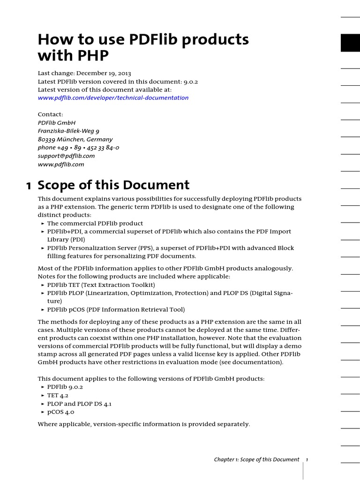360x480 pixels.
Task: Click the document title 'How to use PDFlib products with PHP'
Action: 143,48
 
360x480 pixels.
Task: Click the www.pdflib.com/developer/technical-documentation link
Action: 113,98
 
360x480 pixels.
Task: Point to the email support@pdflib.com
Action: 66,156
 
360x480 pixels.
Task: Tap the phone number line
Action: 78,148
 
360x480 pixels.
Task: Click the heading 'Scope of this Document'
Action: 113,185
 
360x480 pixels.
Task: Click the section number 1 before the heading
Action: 29,186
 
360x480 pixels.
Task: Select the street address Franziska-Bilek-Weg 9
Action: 68,131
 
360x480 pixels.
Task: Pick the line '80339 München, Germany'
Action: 75,139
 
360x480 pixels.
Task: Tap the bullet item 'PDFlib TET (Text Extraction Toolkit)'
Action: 101,285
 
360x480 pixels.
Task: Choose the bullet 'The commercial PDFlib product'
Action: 95,224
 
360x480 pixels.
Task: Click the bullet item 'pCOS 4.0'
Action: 60,412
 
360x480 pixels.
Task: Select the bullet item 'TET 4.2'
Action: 58,395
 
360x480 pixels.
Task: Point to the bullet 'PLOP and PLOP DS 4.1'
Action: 79,404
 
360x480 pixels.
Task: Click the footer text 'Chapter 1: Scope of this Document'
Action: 256,459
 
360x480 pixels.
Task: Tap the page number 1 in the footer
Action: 307,459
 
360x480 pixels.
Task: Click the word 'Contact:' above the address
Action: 50,114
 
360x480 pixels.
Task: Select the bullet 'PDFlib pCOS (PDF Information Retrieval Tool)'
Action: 116,309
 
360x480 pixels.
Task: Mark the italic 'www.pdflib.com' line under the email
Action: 61,164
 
